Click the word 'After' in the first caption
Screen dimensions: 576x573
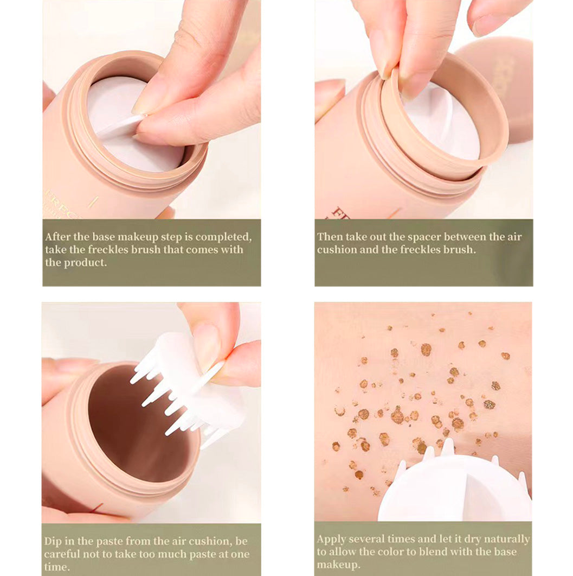57,237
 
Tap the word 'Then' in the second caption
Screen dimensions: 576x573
329,237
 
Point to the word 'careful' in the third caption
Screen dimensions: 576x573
62,554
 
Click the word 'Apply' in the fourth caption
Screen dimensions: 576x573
331,539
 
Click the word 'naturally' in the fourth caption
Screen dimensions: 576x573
507,539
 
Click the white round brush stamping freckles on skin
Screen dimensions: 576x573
455,489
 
